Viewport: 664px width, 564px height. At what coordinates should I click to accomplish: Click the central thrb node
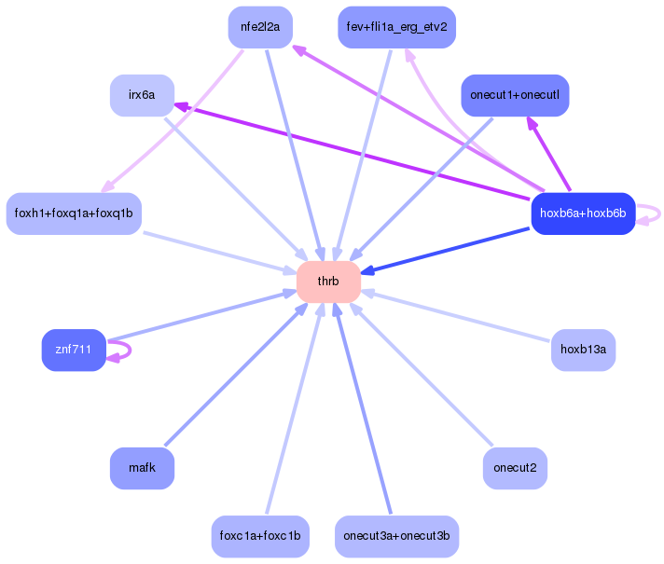pos(328,282)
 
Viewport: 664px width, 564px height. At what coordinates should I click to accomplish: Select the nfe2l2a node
pos(260,27)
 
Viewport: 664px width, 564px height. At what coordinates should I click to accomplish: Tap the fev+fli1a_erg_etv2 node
pos(396,27)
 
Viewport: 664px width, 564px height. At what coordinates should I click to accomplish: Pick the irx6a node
pos(142,95)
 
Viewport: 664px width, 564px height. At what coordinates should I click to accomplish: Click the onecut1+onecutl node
pos(515,95)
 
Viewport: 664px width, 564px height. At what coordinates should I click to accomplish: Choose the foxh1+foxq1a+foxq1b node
pos(74,213)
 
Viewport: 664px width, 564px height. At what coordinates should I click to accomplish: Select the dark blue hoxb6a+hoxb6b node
pos(583,213)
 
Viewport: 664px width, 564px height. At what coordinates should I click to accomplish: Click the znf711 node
pos(74,350)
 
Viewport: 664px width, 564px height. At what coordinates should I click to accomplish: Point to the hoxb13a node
pos(583,350)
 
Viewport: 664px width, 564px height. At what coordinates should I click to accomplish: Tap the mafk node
pos(142,468)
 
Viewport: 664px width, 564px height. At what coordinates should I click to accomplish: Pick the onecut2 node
pos(515,468)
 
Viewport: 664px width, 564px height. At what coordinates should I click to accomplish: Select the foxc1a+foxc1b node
pos(260,536)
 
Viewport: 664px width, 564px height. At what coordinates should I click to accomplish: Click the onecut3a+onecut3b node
pos(396,536)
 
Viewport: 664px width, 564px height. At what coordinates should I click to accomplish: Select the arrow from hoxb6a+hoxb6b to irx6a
pos(354,151)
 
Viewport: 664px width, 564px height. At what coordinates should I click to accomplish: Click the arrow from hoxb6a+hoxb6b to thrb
pos(448,249)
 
